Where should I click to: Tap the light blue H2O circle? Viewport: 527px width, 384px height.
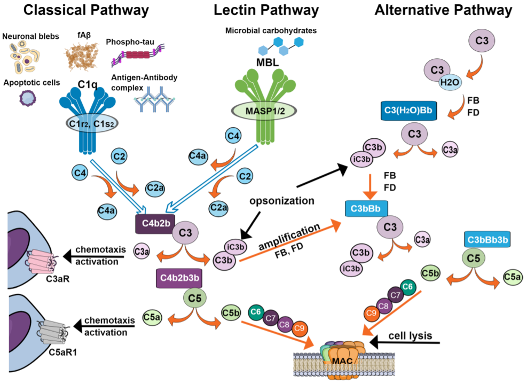(449, 83)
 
